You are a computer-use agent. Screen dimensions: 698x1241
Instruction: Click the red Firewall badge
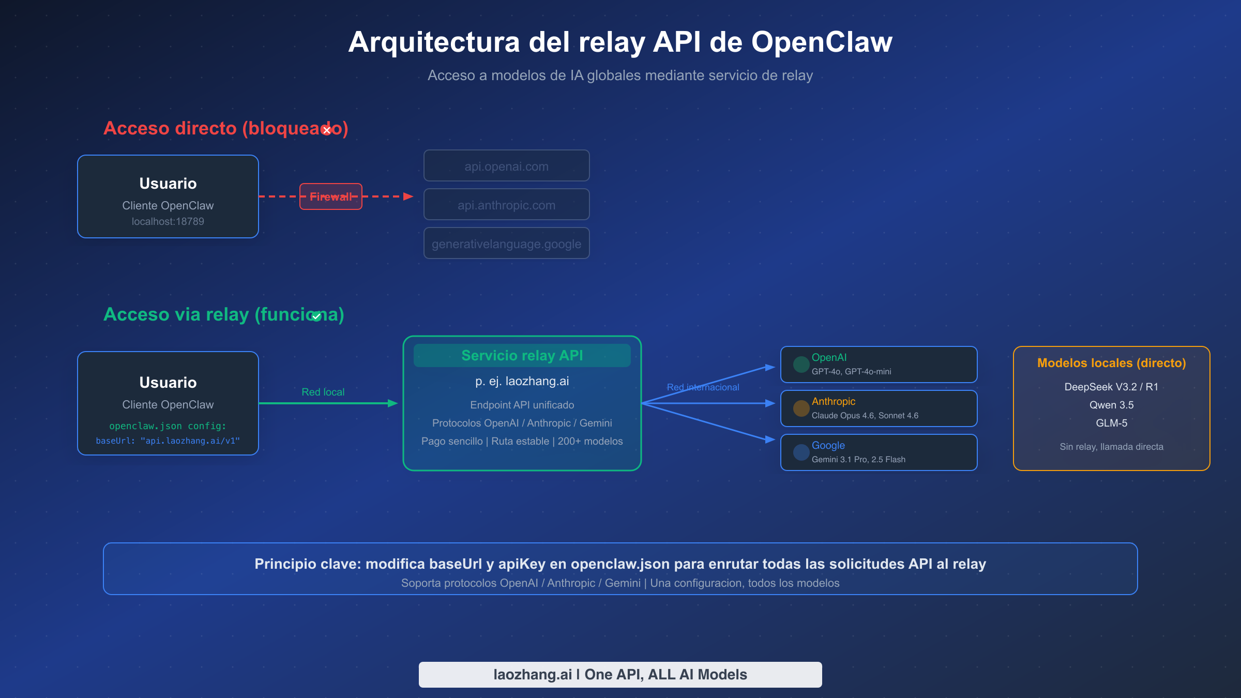tap(331, 196)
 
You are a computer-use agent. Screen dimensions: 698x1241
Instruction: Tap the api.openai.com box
tap(506, 166)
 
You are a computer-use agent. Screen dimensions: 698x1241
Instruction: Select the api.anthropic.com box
tap(506, 205)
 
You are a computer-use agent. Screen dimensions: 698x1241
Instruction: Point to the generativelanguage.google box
tap(506, 244)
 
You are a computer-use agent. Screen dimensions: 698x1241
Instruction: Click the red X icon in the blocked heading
tap(327, 130)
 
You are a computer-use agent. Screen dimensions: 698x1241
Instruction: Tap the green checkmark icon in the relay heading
tap(316, 316)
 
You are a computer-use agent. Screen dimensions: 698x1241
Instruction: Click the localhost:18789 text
tap(168, 221)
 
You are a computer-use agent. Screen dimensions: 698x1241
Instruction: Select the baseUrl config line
tap(168, 441)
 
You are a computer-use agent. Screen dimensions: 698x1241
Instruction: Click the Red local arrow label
tap(323, 392)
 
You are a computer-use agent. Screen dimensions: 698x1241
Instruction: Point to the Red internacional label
tap(703, 387)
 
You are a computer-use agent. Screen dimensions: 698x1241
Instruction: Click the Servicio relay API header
tap(522, 356)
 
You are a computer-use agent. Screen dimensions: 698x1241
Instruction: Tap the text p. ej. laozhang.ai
tap(522, 381)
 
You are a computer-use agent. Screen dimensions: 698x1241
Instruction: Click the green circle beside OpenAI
tap(801, 365)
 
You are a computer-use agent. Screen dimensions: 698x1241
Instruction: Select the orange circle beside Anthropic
tap(801, 408)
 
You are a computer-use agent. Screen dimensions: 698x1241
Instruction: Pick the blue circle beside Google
tap(801, 452)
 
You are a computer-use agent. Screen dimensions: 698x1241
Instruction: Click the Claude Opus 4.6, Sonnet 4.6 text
tap(865, 416)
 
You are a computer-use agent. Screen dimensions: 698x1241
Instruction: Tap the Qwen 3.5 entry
tap(1111, 405)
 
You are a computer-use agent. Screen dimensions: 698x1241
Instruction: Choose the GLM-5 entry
tap(1111, 423)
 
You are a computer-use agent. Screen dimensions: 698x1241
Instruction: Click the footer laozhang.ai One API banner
tap(620, 674)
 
